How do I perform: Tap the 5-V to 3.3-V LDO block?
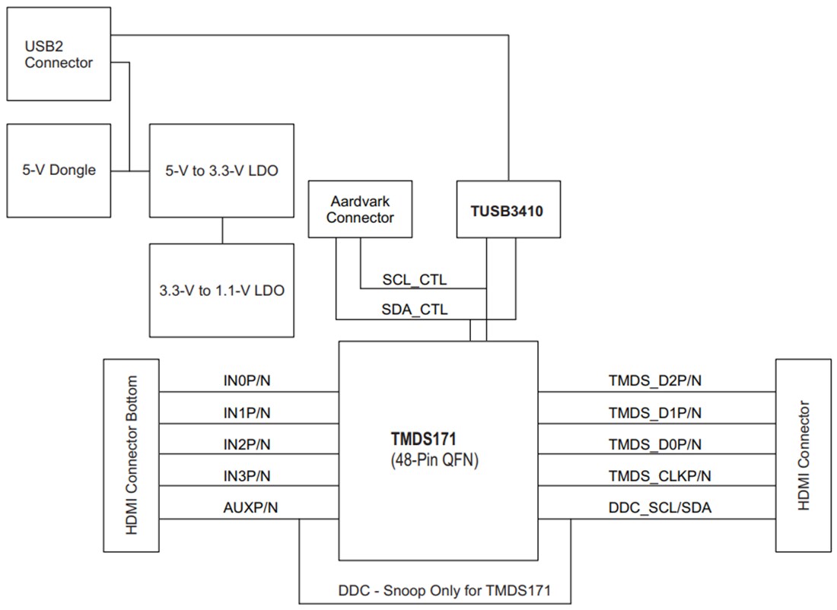(221, 170)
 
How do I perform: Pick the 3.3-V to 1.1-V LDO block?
(221, 290)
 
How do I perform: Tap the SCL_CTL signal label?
(414, 280)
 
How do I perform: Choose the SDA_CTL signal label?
(414, 310)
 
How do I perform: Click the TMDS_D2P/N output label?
(654, 380)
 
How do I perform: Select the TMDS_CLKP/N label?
(659, 475)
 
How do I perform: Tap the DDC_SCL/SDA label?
(660, 507)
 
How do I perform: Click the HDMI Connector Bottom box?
(132, 455)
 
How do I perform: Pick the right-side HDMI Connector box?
(804, 455)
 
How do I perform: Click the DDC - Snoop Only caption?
(444, 590)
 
